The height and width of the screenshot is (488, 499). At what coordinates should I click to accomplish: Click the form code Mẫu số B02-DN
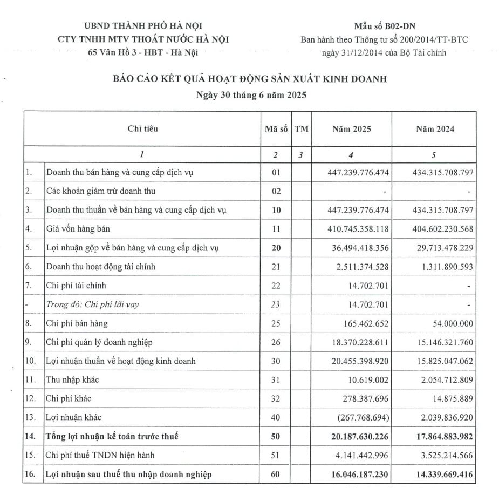(x=384, y=25)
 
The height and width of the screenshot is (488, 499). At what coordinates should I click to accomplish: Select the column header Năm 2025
(x=351, y=129)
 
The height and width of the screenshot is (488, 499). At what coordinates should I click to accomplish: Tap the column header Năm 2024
(x=435, y=129)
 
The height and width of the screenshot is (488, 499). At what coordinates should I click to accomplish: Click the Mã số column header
(x=275, y=129)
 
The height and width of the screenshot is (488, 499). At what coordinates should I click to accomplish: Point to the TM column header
(x=301, y=129)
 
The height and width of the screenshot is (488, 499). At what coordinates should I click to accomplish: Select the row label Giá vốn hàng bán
(x=79, y=229)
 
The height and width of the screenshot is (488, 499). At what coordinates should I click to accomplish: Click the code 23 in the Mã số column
(x=276, y=304)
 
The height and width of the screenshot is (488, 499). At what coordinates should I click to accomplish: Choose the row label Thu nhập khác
(x=73, y=379)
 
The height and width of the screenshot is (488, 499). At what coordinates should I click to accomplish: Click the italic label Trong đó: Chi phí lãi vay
(x=93, y=304)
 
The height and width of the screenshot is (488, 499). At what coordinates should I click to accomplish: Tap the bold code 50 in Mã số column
(x=276, y=436)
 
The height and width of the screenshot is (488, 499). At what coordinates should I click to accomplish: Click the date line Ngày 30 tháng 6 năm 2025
(x=250, y=96)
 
